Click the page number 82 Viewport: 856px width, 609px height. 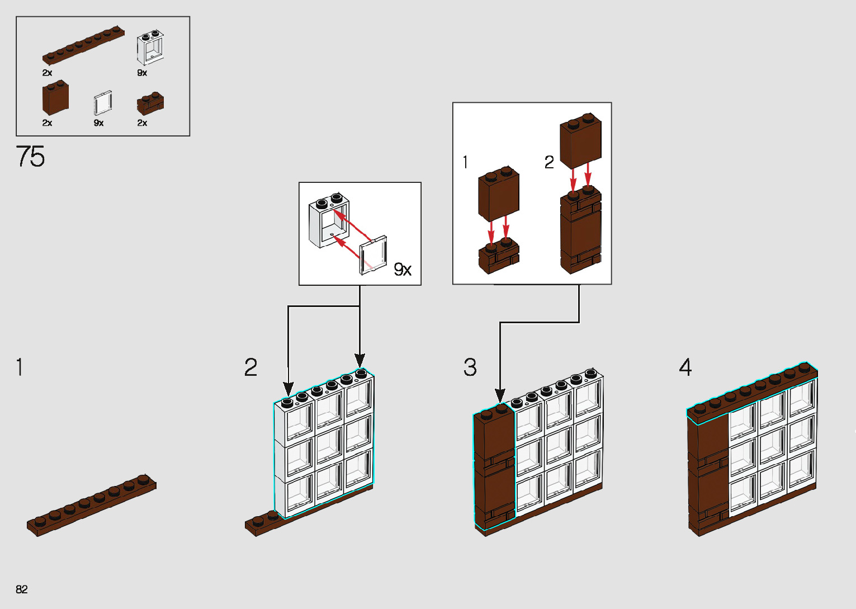pos(22,589)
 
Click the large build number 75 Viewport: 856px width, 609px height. pos(30,156)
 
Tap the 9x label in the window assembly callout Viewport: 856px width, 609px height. pos(403,270)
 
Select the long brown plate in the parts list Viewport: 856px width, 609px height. pos(83,44)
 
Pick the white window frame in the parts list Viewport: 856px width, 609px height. pos(150,48)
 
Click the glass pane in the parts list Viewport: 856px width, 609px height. pos(103,103)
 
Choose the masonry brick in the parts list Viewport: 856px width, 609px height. pos(150,103)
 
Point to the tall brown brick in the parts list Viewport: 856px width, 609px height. pos(55,97)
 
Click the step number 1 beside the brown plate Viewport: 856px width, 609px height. pos(20,367)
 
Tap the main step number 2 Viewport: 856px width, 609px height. pos(250,367)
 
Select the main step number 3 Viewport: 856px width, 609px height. pos(470,367)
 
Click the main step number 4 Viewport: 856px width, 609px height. pos(685,367)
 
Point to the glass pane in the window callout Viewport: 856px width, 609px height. pos(373,256)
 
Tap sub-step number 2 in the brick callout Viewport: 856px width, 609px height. pos(549,162)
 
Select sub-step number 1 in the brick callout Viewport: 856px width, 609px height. pos(465,162)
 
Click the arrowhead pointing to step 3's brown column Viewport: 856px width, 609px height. pos(500,395)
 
